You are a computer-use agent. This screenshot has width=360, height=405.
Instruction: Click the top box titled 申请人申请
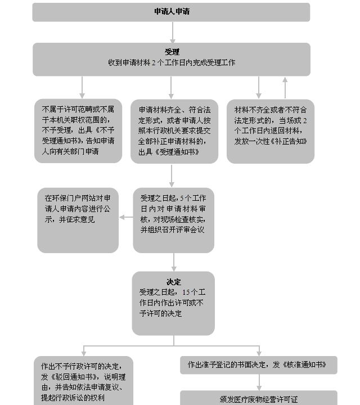[171, 12]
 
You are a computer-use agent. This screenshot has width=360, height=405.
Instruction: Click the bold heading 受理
[172, 52]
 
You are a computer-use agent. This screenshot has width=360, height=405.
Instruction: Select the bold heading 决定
[174, 282]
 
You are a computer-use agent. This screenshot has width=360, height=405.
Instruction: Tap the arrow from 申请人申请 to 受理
[173, 33]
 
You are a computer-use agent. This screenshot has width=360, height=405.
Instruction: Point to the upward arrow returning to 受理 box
[285, 88]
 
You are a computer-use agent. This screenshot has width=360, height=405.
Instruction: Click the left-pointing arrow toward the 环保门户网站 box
[126, 217]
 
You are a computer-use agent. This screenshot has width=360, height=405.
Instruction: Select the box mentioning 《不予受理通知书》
[78, 130]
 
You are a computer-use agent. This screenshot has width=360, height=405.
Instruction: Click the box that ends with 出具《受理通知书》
[174, 131]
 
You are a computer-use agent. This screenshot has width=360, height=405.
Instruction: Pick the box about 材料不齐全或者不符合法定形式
[271, 131]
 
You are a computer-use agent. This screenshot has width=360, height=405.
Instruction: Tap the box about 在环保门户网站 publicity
[78, 220]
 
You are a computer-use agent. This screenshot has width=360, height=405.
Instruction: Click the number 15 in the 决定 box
[186, 292]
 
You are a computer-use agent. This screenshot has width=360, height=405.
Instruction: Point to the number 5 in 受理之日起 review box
[182, 198]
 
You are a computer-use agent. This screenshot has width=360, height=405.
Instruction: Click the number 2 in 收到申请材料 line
[154, 62]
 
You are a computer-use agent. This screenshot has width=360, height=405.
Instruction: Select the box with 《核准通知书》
[259, 365]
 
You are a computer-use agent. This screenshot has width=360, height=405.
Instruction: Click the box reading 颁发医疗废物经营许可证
[259, 398]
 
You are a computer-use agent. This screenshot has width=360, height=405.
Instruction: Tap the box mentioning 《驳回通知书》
[83, 381]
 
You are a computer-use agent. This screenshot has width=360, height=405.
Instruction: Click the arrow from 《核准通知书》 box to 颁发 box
[259, 382]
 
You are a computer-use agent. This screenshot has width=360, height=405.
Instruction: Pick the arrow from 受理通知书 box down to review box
[172, 176]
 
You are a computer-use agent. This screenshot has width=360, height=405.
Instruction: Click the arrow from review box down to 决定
[174, 262]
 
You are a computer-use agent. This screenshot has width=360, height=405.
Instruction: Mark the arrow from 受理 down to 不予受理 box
[82, 87]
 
